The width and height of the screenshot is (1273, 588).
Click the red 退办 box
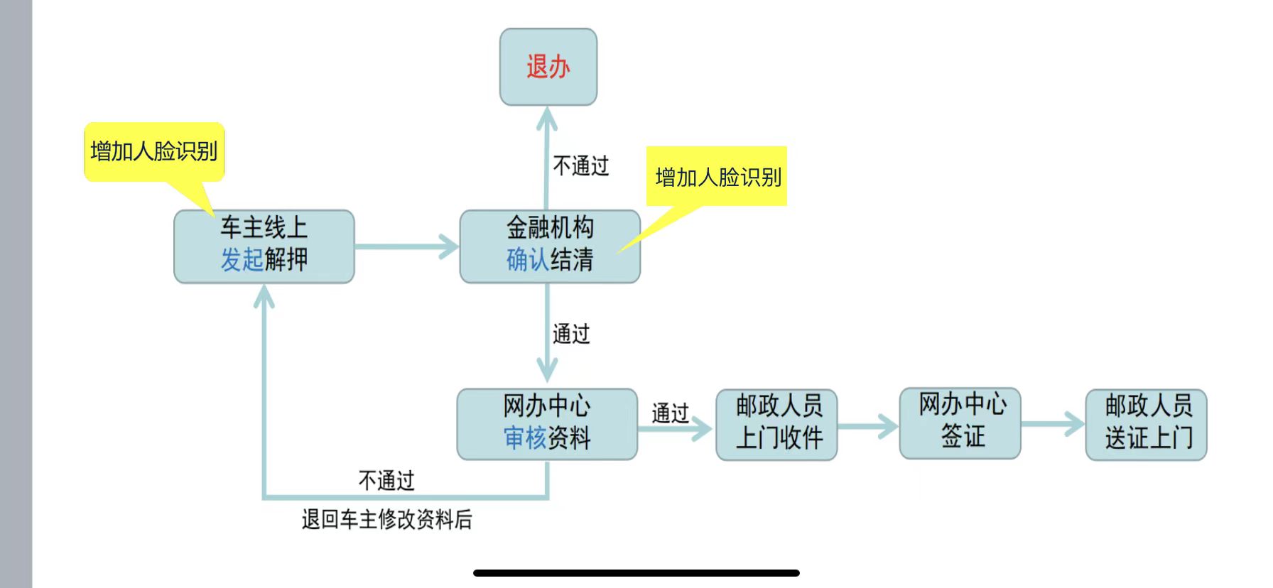(548, 67)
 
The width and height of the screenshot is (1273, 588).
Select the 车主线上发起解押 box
(264, 246)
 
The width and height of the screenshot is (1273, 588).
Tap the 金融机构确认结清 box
(550, 246)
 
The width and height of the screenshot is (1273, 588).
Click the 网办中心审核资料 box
(546, 423)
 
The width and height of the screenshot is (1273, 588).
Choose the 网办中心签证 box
(960, 423)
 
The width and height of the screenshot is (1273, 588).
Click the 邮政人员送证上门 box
(1146, 424)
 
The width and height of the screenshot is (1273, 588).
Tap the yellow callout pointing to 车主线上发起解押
(154, 151)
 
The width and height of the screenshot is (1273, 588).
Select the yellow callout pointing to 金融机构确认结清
(717, 177)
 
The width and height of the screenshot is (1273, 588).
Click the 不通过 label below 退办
(580, 166)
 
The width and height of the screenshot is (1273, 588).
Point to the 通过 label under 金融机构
(571, 334)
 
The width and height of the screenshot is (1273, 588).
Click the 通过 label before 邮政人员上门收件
(670, 413)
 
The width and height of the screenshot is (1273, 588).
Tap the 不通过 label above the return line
(386, 481)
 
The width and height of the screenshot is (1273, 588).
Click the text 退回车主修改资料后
(386, 520)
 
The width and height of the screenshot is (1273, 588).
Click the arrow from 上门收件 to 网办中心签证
(868, 426)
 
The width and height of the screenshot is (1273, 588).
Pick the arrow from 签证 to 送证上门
(1053, 425)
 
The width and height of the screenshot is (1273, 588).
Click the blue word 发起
(242, 260)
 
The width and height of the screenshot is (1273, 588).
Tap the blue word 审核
(525, 438)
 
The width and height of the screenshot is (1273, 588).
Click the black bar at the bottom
(636, 572)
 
